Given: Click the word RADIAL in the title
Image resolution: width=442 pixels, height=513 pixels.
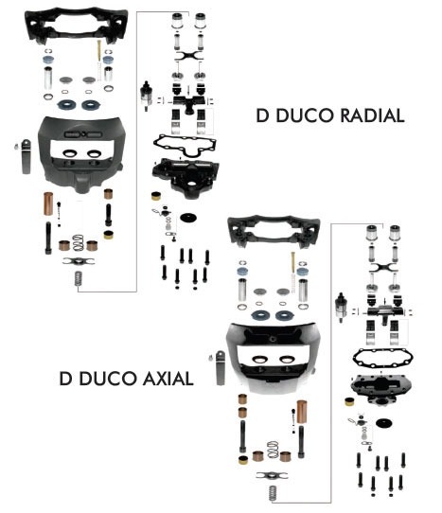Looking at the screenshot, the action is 372,115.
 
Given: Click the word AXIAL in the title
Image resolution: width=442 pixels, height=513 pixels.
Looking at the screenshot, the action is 168,379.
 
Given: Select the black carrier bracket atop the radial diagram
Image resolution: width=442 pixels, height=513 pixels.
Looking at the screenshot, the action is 77,27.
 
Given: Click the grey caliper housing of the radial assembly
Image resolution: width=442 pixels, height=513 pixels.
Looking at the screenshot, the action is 81,153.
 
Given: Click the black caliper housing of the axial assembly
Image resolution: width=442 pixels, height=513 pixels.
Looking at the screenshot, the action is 273,358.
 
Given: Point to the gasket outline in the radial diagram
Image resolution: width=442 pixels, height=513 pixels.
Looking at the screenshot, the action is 185,146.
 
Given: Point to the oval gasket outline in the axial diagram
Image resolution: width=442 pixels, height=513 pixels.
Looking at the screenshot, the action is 382,359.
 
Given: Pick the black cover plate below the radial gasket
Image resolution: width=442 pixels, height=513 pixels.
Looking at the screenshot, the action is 186,177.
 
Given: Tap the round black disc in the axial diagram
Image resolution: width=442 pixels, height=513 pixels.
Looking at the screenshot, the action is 384,423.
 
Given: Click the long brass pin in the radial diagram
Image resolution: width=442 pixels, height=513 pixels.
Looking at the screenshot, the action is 98,50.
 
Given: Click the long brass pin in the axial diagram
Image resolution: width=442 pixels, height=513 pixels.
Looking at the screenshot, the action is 292,263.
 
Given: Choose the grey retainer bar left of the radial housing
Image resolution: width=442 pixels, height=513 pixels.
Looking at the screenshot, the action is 26,157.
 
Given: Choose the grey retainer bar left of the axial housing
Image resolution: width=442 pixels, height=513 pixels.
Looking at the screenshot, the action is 221,368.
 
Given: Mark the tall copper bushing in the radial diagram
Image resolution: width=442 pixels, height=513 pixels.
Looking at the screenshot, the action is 48,203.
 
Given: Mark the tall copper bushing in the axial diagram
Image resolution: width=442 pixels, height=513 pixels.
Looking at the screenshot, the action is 301,412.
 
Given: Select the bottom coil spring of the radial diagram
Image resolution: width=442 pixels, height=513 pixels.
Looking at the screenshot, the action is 78,278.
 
